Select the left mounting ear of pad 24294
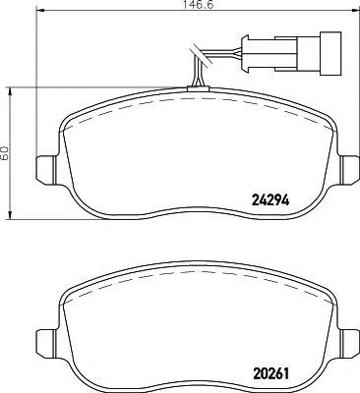point(44,169)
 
